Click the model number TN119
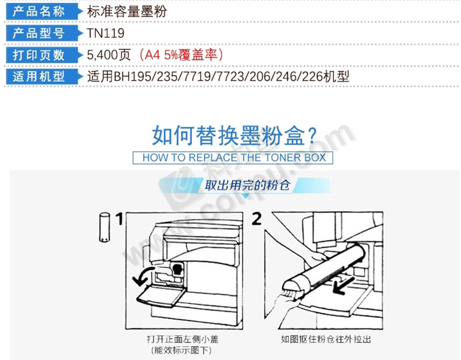tap(106, 33)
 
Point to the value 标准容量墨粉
tap(127, 12)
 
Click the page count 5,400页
tap(109, 55)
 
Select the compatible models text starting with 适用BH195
tap(218, 76)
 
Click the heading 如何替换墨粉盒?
tap(235, 136)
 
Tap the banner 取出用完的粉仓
tap(247, 186)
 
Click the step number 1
tap(119, 219)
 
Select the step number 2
tap(257, 219)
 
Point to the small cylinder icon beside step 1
tap(104, 228)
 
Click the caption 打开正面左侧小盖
tap(183, 340)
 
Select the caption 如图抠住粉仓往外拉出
tap(326, 340)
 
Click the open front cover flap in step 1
tap(161, 296)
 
